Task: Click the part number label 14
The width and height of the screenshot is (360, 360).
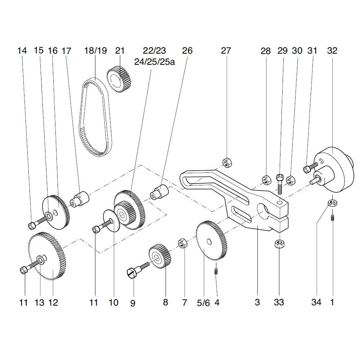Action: coord(22,51)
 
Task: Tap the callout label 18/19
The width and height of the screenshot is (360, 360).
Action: coord(95,51)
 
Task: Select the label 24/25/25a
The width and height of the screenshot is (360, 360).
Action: coord(154,62)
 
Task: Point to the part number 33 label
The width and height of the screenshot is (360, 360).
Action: coord(279,302)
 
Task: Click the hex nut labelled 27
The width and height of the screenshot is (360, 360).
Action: coord(226,162)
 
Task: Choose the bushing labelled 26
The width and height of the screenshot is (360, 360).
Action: coord(159,191)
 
